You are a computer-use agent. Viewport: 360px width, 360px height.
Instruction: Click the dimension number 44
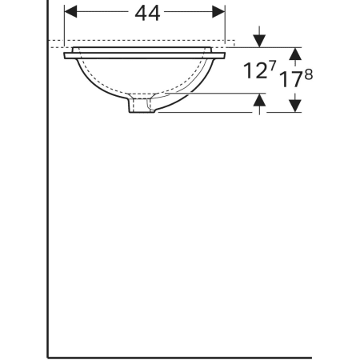pos(147,14)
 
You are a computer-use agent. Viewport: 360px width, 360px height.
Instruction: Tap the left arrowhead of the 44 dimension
pos(70,12)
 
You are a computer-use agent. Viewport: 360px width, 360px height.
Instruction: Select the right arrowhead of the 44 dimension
pos(218,12)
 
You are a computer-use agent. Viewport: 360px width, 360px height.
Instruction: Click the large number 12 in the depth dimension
pos(255,70)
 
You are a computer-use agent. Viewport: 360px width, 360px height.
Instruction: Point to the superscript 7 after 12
pos(272,66)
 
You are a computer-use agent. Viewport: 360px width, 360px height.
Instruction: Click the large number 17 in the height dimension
pos(290,79)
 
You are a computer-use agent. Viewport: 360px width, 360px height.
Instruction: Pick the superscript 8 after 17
pos(308,74)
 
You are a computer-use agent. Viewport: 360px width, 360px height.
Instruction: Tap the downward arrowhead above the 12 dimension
pos(259,41)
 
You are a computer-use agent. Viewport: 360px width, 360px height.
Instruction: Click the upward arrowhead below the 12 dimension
pos(259,100)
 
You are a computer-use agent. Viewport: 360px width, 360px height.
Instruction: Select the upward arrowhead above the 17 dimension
pos(295,54)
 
